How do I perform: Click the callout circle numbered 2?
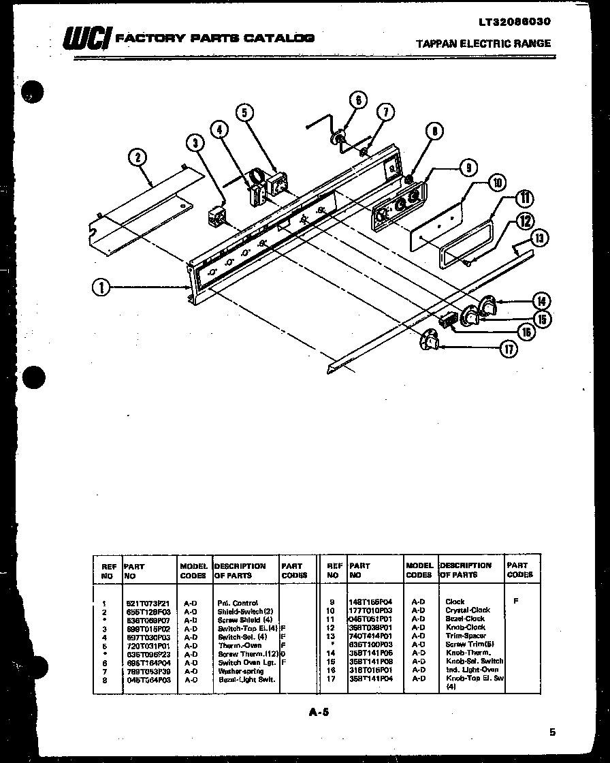click(x=138, y=158)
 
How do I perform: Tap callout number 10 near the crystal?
click(x=498, y=183)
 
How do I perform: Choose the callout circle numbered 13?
click(x=540, y=238)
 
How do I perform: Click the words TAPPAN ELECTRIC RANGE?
click(x=483, y=44)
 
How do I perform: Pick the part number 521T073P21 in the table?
click(x=146, y=603)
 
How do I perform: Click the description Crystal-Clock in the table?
click(x=467, y=610)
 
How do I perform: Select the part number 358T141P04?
click(x=371, y=679)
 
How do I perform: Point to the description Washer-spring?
click(x=241, y=671)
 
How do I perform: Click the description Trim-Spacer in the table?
click(x=466, y=636)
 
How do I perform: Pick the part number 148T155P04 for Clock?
click(x=371, y=602)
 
